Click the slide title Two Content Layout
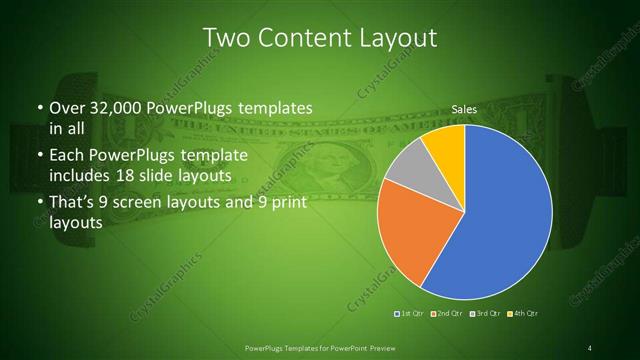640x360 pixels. coord(320,38)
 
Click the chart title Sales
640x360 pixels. coord(464,108)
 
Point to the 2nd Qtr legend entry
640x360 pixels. coord(448,315)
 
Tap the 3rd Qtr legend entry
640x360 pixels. coord(486,315)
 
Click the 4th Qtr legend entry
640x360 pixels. coord(524,315)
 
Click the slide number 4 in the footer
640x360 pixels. coord(590,348)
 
